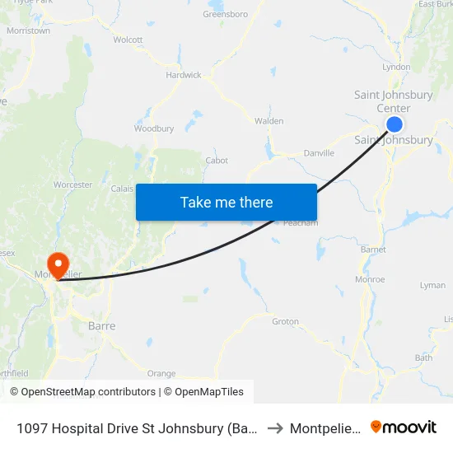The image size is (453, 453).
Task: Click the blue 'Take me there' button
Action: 226,202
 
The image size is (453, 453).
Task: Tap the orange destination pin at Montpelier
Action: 58,263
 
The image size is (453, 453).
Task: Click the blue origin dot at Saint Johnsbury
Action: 395,124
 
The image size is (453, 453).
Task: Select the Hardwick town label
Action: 183,75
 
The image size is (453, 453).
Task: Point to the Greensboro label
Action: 226,14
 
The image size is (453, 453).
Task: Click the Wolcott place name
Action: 128,40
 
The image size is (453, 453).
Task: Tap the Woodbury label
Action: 154,128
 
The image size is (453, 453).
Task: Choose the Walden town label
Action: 269,121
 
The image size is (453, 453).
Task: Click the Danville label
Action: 319,153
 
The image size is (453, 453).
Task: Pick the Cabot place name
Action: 217,161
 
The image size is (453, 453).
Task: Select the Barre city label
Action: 101,326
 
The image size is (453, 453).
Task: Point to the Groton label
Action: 285,321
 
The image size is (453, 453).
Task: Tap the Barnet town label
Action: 373,250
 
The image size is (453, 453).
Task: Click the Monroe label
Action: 370,279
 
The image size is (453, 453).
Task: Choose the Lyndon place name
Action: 397,68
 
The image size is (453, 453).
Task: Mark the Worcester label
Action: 72,185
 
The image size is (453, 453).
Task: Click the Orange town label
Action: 161,373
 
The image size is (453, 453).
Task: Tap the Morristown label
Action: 29,30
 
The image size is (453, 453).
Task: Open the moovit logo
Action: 404,427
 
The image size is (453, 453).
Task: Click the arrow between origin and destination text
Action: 276,428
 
